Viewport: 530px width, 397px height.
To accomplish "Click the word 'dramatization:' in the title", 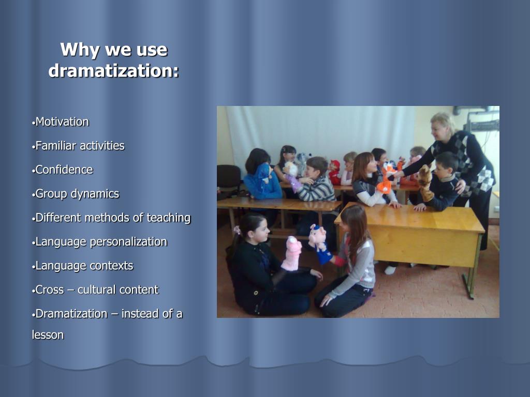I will [x=113, y=71].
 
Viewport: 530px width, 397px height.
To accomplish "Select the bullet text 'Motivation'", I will [x=62, y=122].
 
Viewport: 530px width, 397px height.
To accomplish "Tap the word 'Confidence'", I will [x=64, y=170].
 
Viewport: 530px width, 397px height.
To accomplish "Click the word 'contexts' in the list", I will [x=111, y=266].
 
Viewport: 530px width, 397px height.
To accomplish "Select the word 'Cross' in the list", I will [x=49, y=289].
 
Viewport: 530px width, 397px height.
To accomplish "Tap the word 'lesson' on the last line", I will [x=48, y=334].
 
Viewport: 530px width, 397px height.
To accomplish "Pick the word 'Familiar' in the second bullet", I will [x=54, y=146].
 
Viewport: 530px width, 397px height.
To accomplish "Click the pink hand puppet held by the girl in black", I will [x=293, y=253].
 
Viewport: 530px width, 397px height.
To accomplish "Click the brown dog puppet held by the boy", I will [x=425, y=181].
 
